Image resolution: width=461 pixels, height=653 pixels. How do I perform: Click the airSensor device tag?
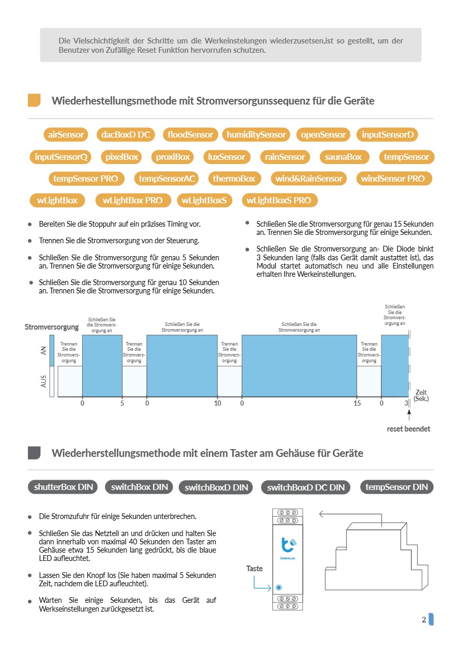[66, 135]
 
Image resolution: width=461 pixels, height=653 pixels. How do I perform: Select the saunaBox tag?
[344, 157]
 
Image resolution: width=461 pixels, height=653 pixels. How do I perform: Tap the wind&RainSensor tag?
[309, 179]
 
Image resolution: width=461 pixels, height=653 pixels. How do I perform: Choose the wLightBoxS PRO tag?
[279, 200]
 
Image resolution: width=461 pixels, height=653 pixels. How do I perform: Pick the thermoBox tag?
[234, 179]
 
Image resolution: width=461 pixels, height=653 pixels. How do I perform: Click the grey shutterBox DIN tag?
[63, 487]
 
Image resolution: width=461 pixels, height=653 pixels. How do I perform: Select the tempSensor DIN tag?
[396, 487]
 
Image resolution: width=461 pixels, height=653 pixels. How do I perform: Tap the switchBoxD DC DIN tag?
[306, 487]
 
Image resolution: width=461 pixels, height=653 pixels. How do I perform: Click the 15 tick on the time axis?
[357, 404]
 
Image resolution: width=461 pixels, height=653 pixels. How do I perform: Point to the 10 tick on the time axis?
[218, 404]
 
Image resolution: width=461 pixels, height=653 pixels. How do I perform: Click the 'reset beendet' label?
[408, 429]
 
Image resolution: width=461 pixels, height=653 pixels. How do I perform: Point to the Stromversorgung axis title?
[52, 327]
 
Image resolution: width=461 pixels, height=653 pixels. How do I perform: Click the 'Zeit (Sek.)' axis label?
[421, 395]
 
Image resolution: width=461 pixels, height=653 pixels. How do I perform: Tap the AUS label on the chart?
[44, 381]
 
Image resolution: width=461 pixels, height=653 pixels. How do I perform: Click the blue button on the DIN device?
[279, 588]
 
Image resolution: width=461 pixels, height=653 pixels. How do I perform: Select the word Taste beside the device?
[254, 569]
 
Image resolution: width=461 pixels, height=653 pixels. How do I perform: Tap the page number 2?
[424, 620]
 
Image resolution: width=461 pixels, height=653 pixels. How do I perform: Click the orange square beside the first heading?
[34, 100]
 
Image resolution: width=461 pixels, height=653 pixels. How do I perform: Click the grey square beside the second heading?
[34, 453]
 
